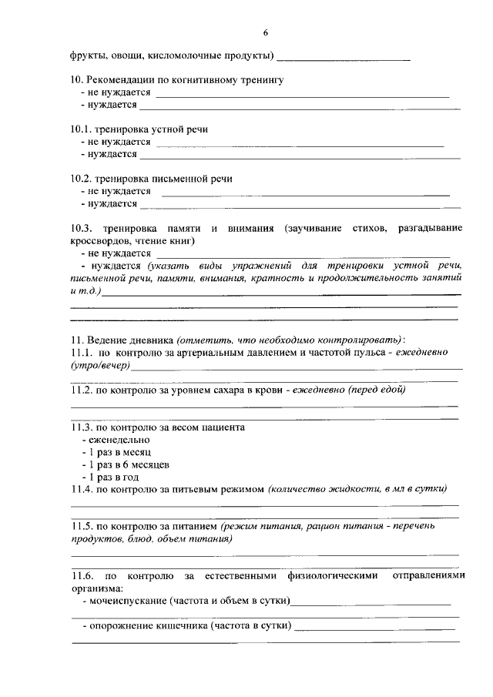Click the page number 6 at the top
[x=266, y=33]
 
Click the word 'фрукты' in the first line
[x=87, y=56]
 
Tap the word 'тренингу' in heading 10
[x=263, y=80]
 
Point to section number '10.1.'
[x=82, y=129]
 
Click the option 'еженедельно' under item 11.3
[x=119, y=439]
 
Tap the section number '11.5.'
[x=82, y=526]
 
